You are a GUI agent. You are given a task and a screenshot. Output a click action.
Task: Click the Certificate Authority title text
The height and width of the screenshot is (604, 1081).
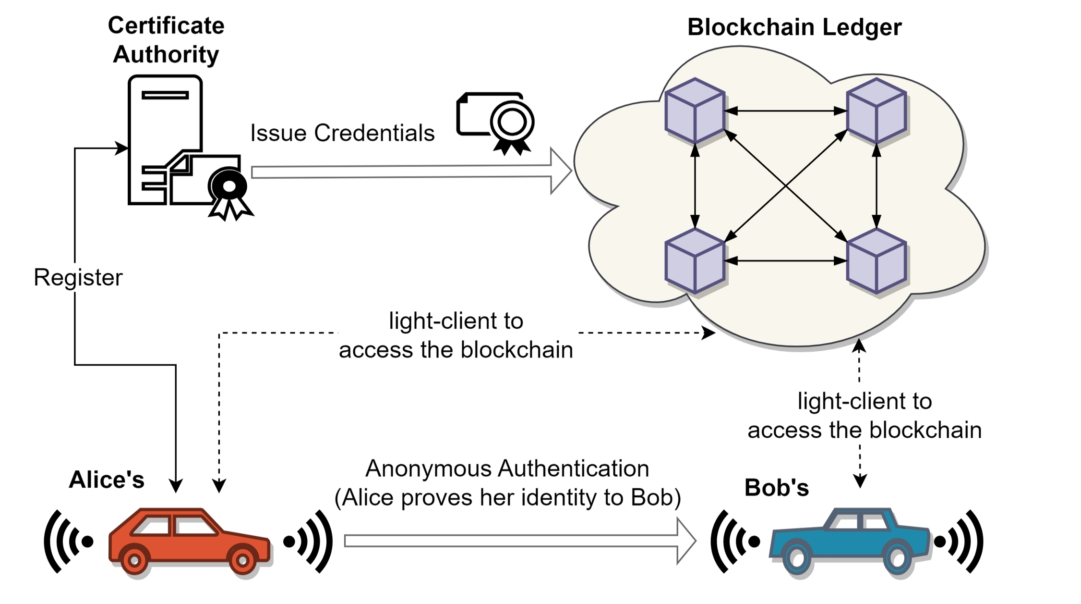coord(166,40)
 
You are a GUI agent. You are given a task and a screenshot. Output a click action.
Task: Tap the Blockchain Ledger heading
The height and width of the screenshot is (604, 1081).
coord(794,27)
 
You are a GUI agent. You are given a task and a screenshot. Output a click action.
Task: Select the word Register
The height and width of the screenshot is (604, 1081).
coord(78,278)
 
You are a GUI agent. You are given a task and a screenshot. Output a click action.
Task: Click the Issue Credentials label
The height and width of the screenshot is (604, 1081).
coord(342,133)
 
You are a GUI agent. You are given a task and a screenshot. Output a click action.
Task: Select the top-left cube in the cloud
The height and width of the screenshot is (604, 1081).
coord(695,111)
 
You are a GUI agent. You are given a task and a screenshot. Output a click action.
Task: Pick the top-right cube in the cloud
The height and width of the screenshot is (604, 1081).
coord(877,111)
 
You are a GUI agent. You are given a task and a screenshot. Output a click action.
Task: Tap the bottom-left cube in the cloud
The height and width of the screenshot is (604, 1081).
coord(695,261)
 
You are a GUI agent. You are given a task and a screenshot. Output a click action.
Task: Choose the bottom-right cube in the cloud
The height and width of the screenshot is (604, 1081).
coord(877,261)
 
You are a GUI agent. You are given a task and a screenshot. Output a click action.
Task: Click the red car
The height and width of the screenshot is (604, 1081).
coord(190,541)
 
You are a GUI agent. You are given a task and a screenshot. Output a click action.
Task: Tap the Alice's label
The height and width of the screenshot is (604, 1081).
coord(107,480)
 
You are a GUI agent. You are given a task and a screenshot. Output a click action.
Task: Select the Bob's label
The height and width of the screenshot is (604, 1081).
coord(776,488)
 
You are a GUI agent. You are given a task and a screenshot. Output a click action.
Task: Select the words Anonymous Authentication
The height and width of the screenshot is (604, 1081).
coord(507,468)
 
